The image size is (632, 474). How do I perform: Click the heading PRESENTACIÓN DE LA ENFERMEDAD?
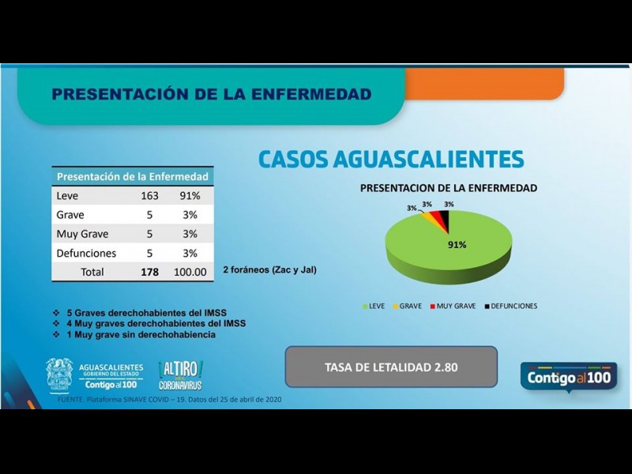point(211,95)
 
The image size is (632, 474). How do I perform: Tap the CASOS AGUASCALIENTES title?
point(391,159)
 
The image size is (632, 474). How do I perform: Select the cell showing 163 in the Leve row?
point(150,196)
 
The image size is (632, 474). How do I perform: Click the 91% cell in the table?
point(190,196)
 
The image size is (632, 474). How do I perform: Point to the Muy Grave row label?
point(83,234)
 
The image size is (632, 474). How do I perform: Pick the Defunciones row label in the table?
point(87,254)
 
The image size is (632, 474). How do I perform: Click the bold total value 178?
point(150,272)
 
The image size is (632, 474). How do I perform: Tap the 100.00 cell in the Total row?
point(190,272)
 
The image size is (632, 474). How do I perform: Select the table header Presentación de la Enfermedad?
point(133,176)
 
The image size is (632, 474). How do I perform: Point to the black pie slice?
point(446,221)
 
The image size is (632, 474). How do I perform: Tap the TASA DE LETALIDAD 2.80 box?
point(391,367)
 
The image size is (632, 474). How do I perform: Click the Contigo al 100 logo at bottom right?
point(568,378)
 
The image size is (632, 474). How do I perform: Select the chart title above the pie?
point(449,188)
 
